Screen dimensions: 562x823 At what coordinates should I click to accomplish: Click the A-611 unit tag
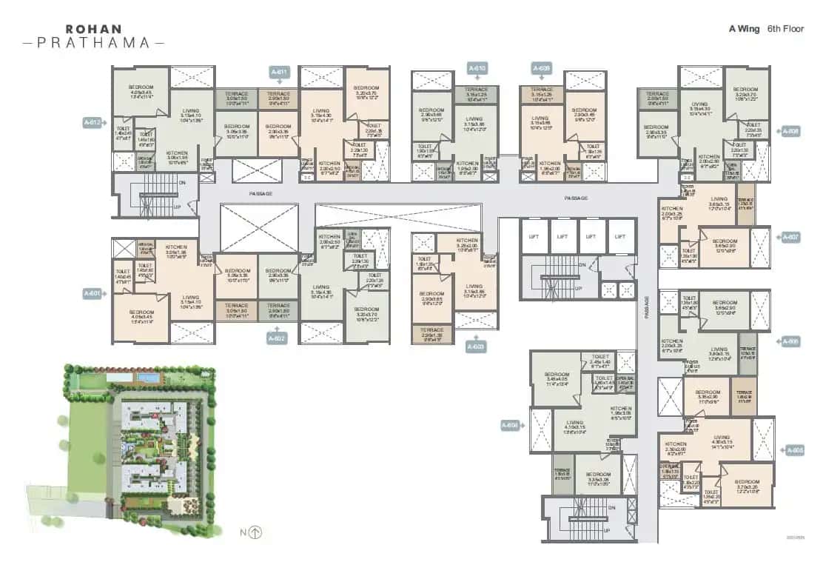(278, 72)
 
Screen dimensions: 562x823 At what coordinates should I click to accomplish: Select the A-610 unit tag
(477, 68)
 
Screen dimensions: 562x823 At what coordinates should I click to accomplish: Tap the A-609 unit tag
(542, 68)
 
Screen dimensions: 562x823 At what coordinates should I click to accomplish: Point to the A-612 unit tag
(93, 122)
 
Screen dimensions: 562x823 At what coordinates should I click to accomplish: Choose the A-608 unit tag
(790, 131)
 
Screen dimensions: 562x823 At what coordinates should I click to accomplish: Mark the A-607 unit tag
(790, 237)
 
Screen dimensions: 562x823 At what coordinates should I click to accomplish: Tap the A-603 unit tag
(477, 346)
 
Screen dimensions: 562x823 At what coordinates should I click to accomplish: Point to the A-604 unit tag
(510, 425)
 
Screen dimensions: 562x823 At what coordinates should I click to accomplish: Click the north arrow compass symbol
(256, 532)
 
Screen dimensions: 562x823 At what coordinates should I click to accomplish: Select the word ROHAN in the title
(95, 29)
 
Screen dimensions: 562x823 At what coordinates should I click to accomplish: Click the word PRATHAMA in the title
(95, 43)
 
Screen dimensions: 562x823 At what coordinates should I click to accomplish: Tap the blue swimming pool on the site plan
(149, 378)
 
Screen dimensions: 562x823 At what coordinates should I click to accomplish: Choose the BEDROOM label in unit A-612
(140, 87)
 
